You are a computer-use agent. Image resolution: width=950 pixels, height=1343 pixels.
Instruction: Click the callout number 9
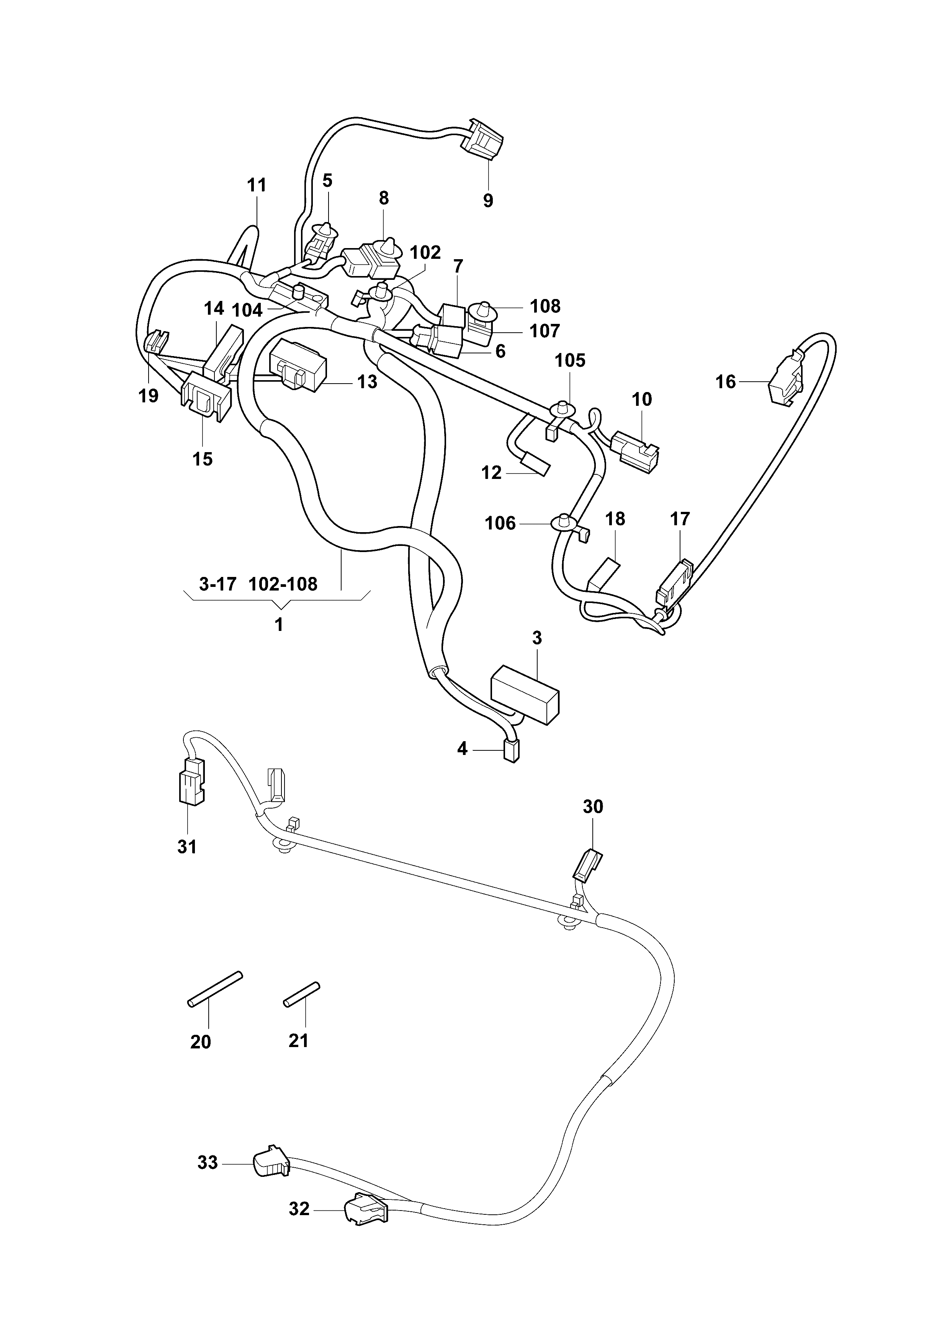[488, 201]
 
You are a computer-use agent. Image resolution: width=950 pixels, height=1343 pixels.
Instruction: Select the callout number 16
[725, 382]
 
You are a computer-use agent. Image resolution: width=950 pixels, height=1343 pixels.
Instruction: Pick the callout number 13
[367, 382]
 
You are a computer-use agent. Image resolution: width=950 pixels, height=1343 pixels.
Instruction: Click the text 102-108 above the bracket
[283, 584]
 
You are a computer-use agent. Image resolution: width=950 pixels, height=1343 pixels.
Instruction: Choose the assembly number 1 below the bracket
[279, 625]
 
